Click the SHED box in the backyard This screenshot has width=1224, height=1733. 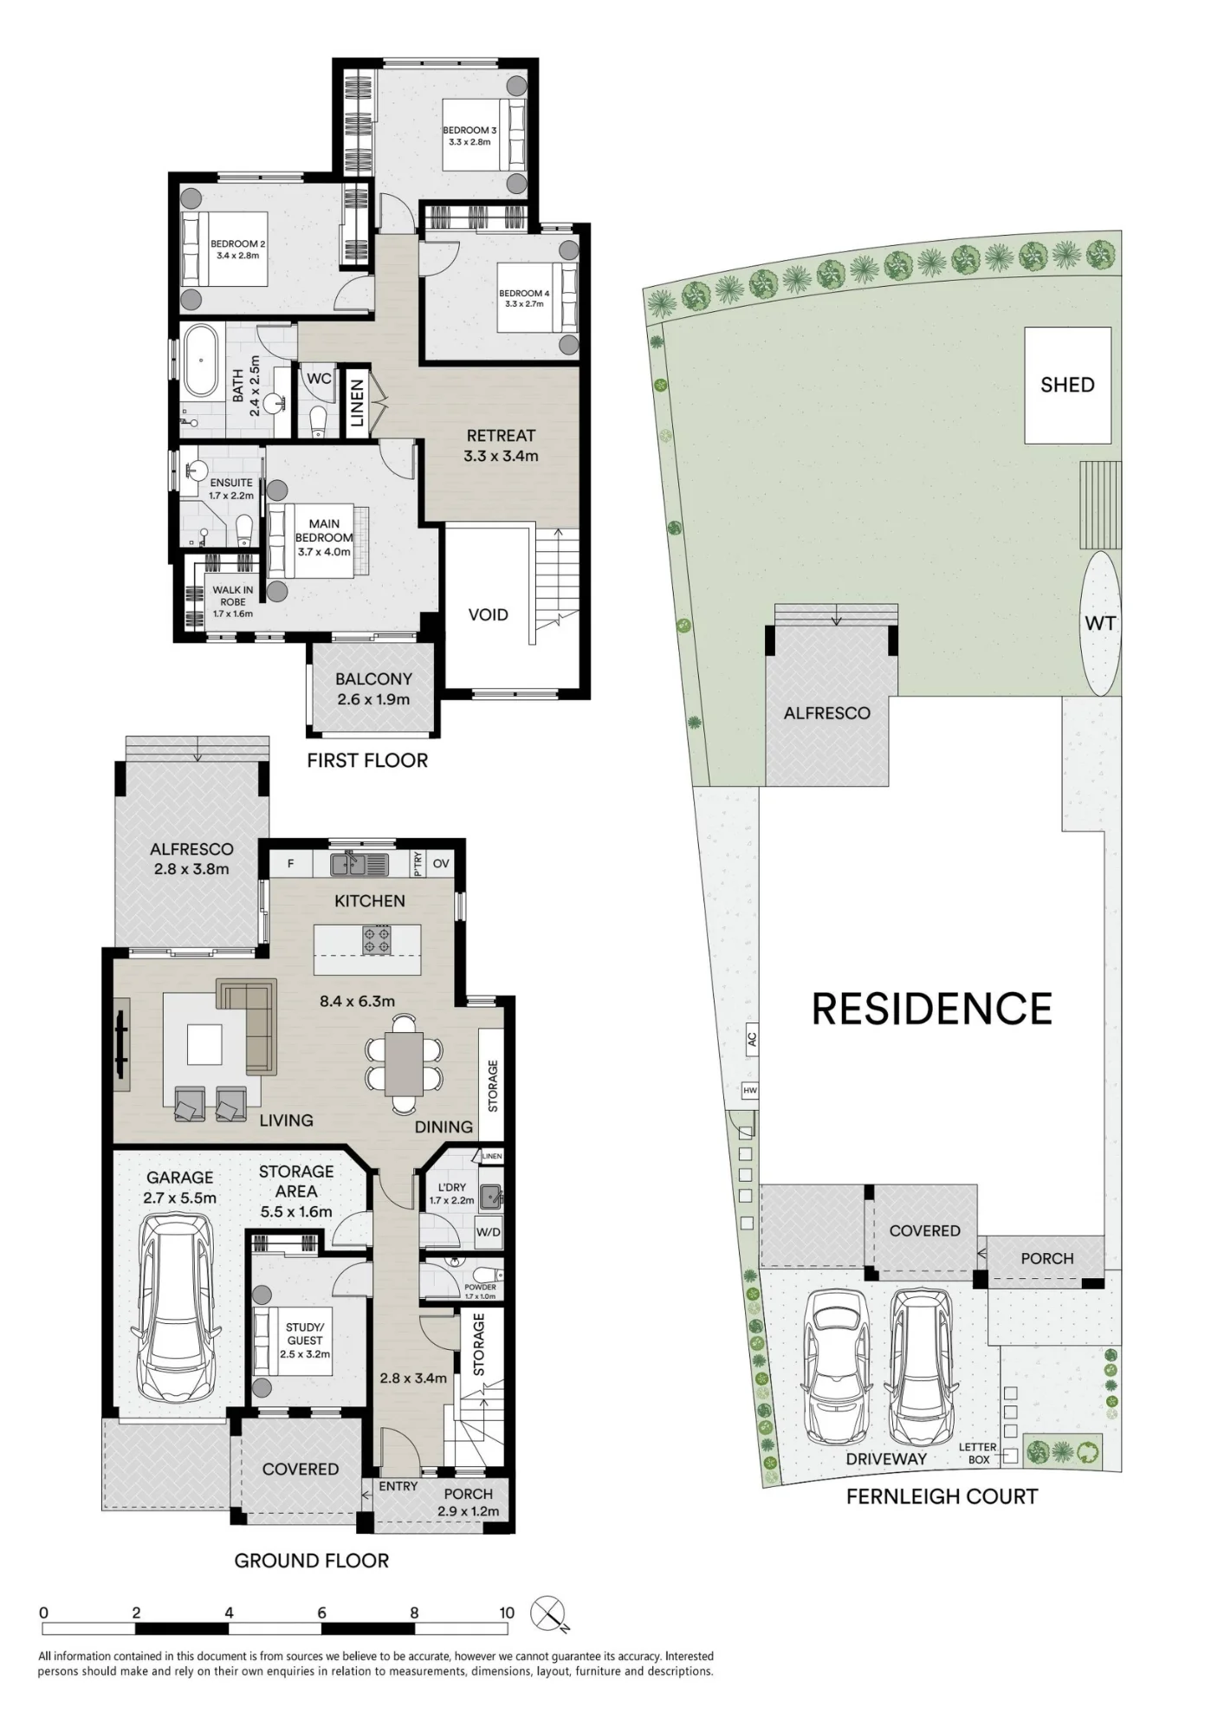pyautogui.click(x=1067, y=385)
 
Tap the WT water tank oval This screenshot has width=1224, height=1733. pyautogui.click(x=1100, y=623)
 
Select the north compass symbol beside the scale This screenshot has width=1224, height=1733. pyautogui.click(x=549, y=1613)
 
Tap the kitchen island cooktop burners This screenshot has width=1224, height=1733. pyautogui.click(x=377, y=941)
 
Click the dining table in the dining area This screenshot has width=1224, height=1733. pyautogui.click(x=404, y=1065)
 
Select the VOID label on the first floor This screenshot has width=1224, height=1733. pyautogui.click(x=488, y=614)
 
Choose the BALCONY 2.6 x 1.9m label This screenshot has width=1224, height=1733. pyautogui.click(x=373, y=689)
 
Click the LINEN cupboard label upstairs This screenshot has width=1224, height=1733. pyautogui.click(x=356, y=404)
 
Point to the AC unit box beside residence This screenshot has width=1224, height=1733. pyautogui.click(x=751, y=1037)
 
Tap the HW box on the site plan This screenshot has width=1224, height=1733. pyautogui.click(x=750, y=1091)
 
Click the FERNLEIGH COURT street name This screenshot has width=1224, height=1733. pyautogui.click(x=942, y=1496)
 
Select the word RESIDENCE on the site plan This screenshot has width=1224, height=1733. pyautogui.click(x=932, y=1009)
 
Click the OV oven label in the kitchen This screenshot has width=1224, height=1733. pyautogui.click(x=441, y=863)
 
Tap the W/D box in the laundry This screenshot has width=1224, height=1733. pyautogui.click(x=488, y=1232)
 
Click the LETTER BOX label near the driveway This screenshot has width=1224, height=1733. pyautogui.click(x=978, y=1453)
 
